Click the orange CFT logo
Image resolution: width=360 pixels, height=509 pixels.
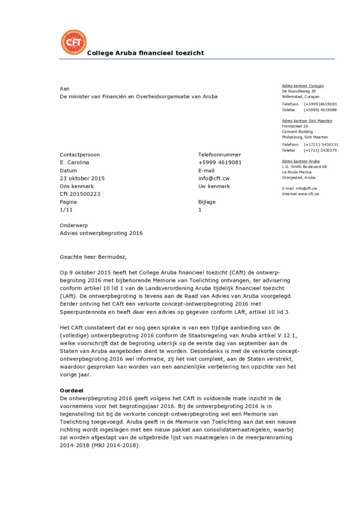coord(73,42)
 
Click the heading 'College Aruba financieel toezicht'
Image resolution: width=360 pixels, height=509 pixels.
coord(145,53)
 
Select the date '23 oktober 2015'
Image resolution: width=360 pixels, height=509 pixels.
coord(82,178)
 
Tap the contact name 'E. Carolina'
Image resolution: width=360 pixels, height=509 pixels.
coord(75,163)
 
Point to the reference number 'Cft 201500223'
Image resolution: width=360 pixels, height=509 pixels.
coord(80,194)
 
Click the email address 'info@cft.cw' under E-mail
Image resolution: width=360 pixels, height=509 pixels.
coord(214,178)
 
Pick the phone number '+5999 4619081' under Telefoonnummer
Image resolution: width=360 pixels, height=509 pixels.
coord(220,163)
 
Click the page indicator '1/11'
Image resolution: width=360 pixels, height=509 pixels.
coord(66,210)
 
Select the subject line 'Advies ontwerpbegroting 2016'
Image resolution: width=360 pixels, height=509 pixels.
coord(101,233)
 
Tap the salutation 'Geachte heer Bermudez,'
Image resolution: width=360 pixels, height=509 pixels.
coord(93,257)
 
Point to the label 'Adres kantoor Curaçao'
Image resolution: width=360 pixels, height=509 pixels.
coord(303,85)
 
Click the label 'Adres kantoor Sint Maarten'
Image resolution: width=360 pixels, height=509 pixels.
coord(307,121)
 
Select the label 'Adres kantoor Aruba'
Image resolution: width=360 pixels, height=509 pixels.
coord(301,161)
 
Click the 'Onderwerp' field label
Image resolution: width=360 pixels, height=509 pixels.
coord(74,225)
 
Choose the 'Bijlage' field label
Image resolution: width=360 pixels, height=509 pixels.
coord(207,202)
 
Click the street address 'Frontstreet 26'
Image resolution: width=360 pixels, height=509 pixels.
coord(295,126)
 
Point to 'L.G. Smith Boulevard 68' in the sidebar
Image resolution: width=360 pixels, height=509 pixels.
coord(304,167)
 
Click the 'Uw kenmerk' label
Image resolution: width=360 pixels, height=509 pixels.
coord(214,186)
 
